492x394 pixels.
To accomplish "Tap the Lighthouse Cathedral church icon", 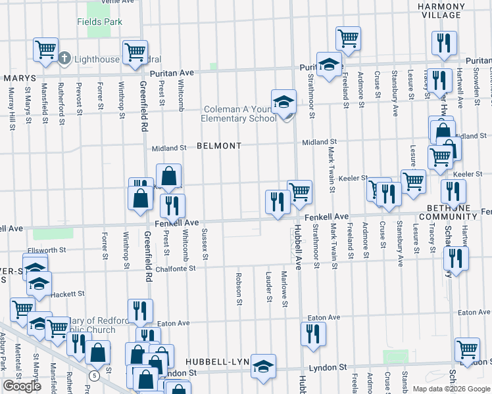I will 64,58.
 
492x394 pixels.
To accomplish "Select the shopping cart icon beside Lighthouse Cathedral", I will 45,49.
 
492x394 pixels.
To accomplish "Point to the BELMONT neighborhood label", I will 219,146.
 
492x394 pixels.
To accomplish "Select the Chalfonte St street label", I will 174,268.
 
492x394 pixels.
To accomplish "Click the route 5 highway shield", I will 95,375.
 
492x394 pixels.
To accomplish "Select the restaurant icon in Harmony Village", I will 444,43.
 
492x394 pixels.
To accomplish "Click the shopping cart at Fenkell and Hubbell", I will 299,192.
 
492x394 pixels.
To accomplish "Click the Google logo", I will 22,386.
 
